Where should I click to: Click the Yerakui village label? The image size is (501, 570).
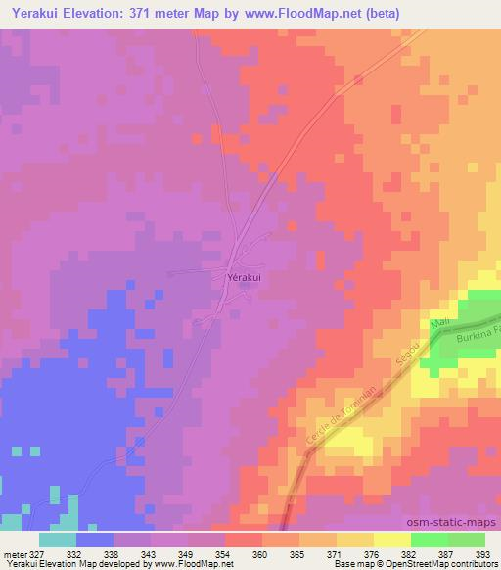pos(244,277)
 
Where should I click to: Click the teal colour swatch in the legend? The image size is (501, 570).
pos(58,540)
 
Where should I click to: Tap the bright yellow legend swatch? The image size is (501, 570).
pos(392,540)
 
